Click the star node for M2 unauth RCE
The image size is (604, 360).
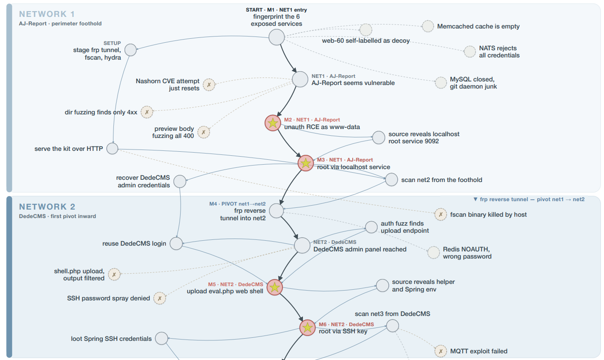pyautogui.click(x=273, y=123)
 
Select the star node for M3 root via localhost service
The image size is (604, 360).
pyautogui.click(x=306, y=163)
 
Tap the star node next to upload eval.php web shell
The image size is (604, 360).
pyautogui.click(x=275, y=287)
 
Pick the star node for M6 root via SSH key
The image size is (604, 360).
pyautogui.click(x=307, y=328)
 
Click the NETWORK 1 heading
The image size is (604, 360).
pyautogui.click(x=47, y=14)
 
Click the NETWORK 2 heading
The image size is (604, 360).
pyautogui.click(x=47, y=207)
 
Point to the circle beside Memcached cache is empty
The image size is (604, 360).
pyautogui.click(x=428, y=26)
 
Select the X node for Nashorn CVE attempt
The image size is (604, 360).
pyautogui.click(x=209, y=85)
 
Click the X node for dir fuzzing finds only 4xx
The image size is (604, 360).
pyautogui.click(x=147, y=112)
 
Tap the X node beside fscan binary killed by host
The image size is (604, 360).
pyautogui.click(x=441, y=214)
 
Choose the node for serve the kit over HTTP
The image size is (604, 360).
pyautogui.click(x=112, y=149)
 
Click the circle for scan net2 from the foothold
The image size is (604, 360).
pyautogui.click(x=391, y=180)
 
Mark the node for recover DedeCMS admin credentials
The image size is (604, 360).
pyautogui.click(x=180, y=182)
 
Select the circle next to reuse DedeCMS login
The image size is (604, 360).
pyautogui.click(x=176, y=243)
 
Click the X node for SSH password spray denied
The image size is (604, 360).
pyautogui.click(x=160, y=298)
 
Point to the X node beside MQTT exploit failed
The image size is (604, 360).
pyautogui.click(x=441, y=351)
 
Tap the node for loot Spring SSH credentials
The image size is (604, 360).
pyautogui.click(x=161, y=338)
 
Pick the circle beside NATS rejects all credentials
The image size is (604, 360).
pyautogui.click(x=470, y=52)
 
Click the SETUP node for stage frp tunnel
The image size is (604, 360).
pyautogui.click(x=130, y=50)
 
